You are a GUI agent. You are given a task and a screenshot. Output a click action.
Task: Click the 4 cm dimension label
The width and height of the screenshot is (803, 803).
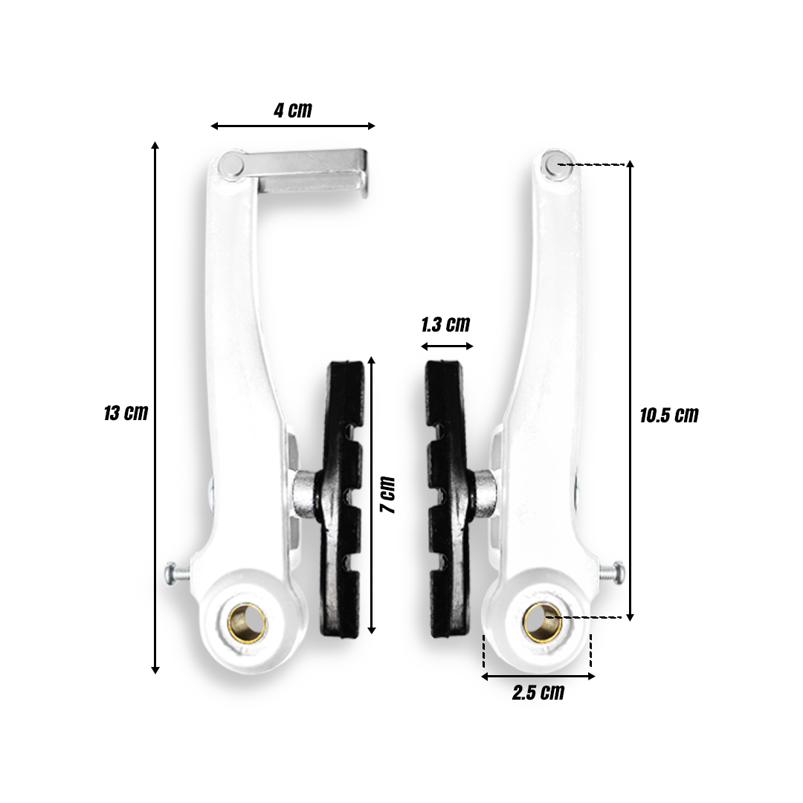tap(293, 111)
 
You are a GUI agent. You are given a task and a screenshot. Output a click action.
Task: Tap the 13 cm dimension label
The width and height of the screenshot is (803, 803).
tap(126, 413)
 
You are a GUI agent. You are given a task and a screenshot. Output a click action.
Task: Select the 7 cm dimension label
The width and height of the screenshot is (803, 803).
tap(387, 495)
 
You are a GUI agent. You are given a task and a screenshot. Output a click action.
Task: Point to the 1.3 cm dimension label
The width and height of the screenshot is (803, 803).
tap(445, 324)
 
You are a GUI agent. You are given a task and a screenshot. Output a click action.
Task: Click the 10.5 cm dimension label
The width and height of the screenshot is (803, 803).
tap(669, 415)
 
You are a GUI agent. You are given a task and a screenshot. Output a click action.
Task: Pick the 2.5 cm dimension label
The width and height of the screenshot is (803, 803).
tap(538, 693)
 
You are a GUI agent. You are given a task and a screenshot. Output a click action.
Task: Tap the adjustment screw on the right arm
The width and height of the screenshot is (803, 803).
tap(613, 572)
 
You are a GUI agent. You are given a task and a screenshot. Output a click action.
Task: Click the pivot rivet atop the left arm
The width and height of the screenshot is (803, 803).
tap(232, 166)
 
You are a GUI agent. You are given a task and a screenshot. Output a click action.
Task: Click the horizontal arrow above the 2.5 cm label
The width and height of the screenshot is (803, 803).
tap(538, 676)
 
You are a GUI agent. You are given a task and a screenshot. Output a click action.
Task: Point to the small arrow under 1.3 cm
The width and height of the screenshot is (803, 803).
tap(447, 346)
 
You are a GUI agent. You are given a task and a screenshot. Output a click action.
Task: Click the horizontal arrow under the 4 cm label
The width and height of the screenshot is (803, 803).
tap(293, 126)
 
